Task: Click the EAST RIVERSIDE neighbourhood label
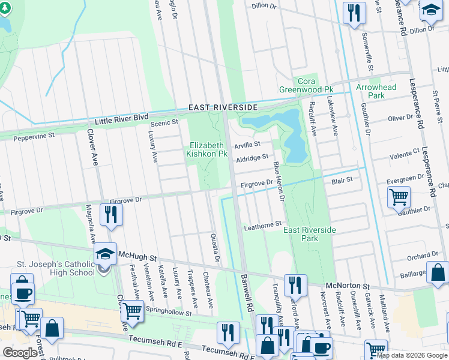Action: [x=223, y=107]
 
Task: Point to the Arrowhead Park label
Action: [x=376, y=91]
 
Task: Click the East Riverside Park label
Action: [x=310, y=234]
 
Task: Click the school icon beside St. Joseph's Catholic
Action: [x=105, y=254]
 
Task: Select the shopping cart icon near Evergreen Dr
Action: [x=399, y=196]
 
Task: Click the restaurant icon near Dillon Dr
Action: [x=354, y=13]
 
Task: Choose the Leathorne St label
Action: [x=262, y=224]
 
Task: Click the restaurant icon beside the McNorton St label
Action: [x=295, y=285]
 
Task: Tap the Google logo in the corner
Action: [x=20, y=352]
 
